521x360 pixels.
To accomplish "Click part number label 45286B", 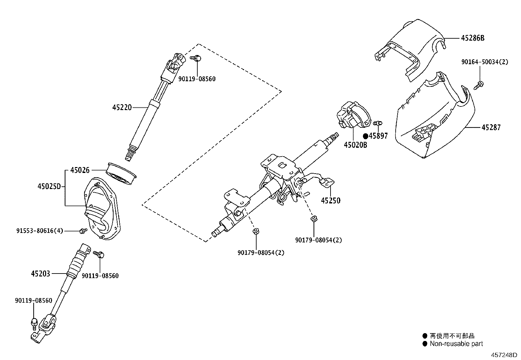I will pos(473,38).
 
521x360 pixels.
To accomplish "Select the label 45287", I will pos(491,127).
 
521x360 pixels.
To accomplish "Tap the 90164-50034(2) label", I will pos(485,62).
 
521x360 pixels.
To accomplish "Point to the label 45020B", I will pos(355,144).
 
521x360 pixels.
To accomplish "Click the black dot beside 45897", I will pos(366,136).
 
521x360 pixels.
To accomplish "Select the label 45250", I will pos(331,200).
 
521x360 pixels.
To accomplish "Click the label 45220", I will pos(122,107).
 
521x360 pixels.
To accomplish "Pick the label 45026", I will pos(80,170).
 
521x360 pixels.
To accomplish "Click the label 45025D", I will pos(49,186).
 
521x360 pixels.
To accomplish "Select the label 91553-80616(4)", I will pos(40,231).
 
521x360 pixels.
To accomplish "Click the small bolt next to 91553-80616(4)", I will pos(82,231).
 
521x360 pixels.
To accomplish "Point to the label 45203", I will pos(41,273).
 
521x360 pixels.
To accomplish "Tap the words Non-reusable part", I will pos(456,344).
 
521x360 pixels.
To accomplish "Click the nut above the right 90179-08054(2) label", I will pos(314,218).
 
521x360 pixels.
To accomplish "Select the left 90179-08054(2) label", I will pos(261,253).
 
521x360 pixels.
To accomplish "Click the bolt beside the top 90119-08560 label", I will pos(196,58).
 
